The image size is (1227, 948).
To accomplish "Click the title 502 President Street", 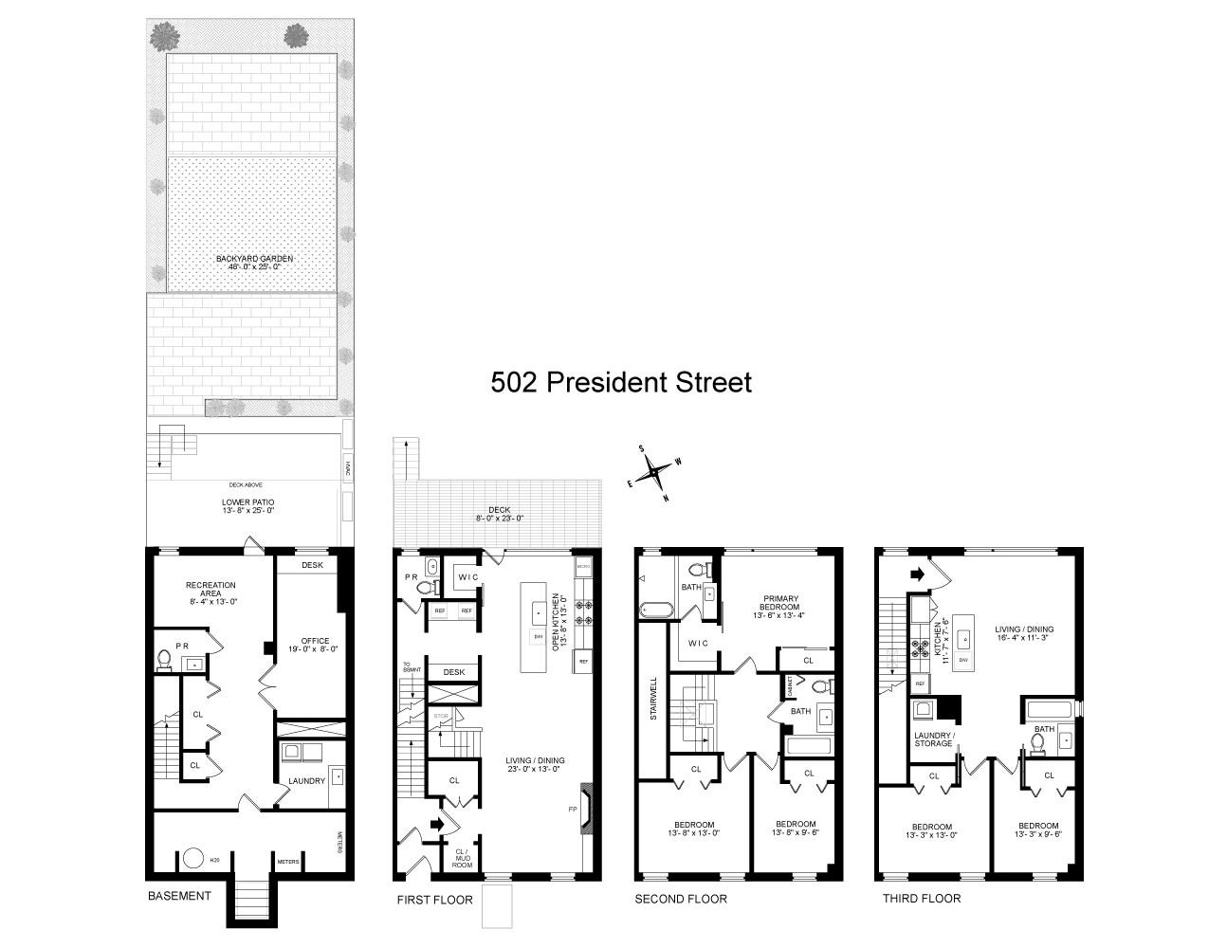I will click(620, 382).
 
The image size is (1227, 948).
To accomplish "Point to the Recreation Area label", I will click(211, 591).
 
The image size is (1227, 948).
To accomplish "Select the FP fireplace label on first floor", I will click(572, 809).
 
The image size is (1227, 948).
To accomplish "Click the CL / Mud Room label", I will click(462, 857).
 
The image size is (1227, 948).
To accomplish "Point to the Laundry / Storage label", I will click(933, 739).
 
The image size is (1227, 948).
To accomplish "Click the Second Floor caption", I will click(680, 899).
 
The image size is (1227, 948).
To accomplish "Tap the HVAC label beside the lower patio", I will click(348, 467).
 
